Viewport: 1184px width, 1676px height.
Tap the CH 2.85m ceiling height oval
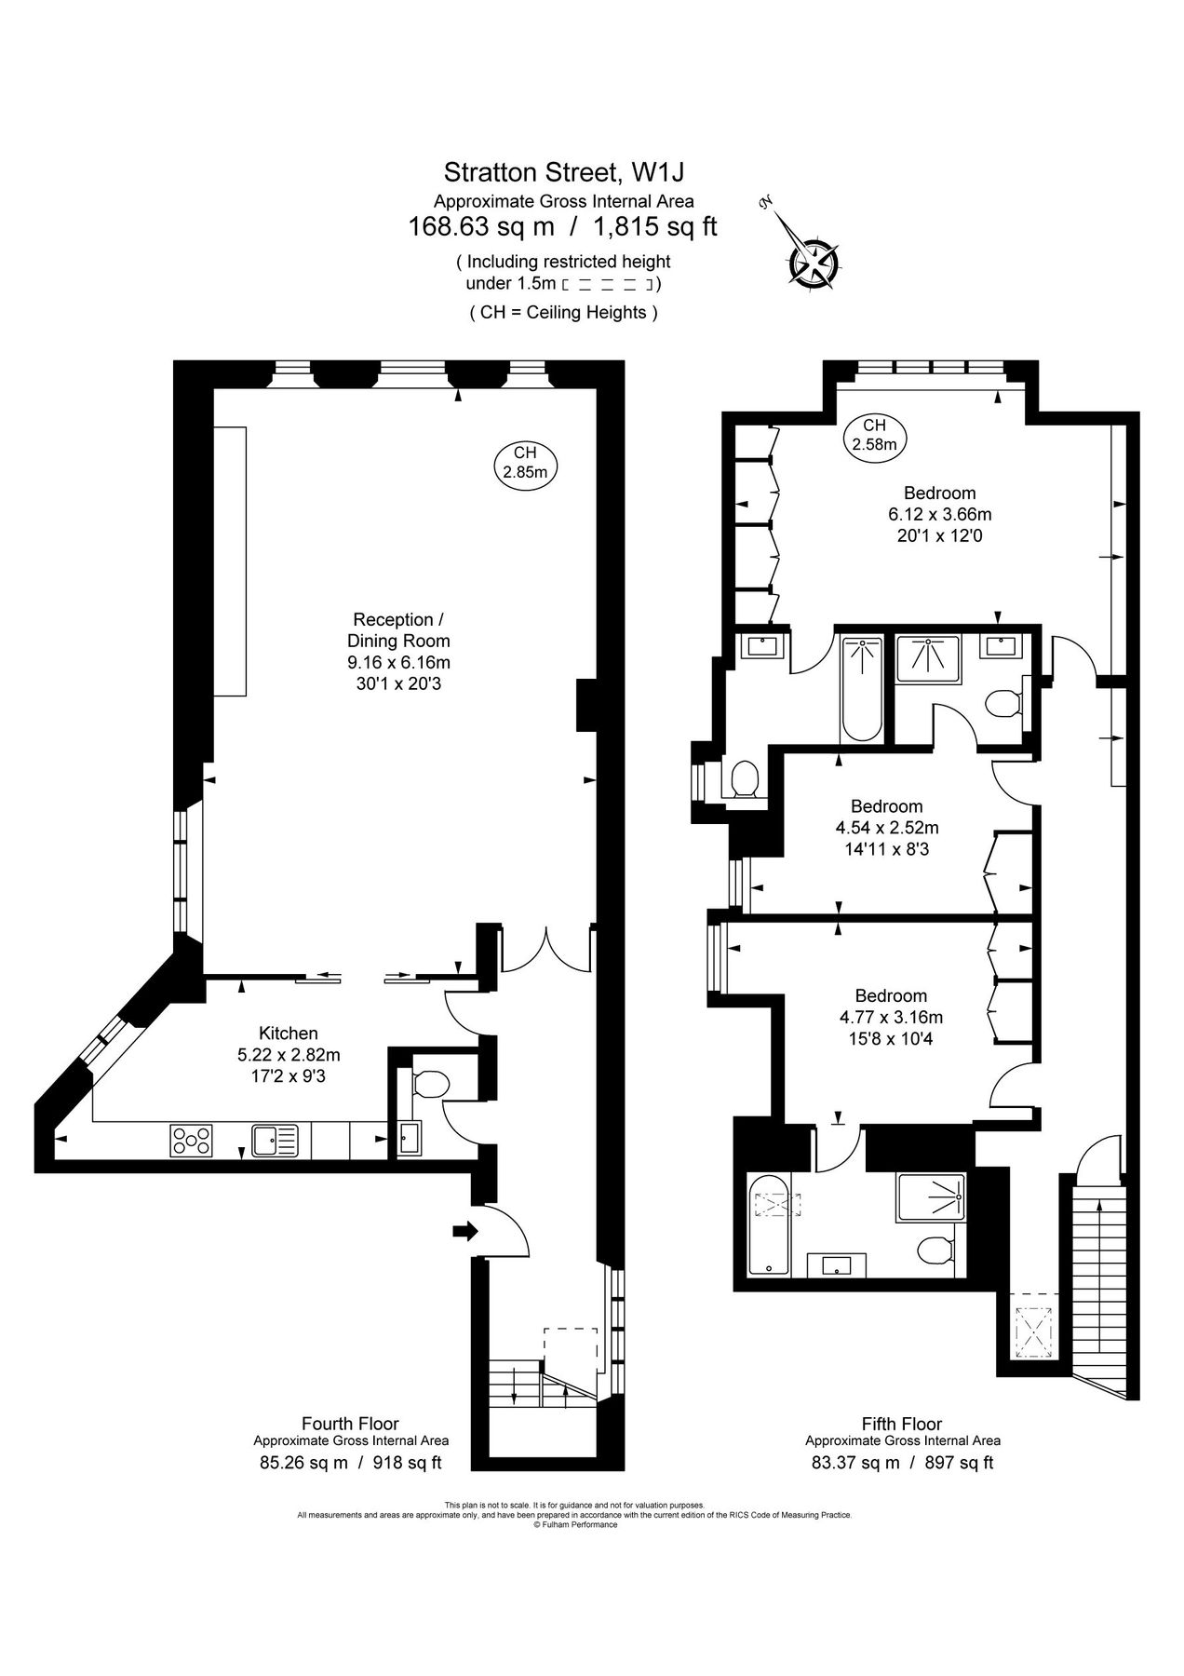click(525, 462)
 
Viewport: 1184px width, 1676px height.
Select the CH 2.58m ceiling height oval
click(874, 435)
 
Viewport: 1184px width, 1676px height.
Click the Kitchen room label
click(288, 1033)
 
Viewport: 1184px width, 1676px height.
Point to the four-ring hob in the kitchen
click(191, 1141)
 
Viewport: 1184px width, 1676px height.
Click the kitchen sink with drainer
click(275, 1140)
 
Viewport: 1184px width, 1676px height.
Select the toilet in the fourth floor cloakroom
click(430, 1083)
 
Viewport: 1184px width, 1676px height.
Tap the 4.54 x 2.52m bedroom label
click(886, 827)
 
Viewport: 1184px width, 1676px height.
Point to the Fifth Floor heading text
click(901, 1424)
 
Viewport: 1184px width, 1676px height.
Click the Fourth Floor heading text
click(350, 1424)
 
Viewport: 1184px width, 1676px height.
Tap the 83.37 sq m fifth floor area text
click(855, 1463)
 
